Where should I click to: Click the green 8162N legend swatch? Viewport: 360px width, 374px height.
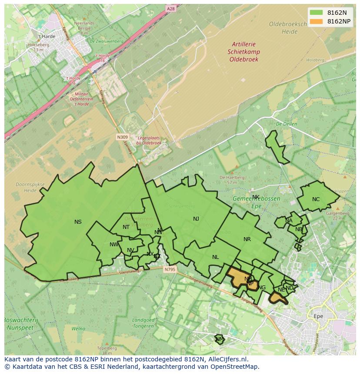(316, 13)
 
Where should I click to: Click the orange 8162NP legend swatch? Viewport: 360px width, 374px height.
(316, 21)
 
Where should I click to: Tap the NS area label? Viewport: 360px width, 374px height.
(78, 222)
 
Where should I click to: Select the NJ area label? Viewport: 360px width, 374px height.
(196, 219)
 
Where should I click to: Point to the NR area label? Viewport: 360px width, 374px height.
(247, 239)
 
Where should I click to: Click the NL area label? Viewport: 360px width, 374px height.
(215, 257)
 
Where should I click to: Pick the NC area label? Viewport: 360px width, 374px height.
(316, 199)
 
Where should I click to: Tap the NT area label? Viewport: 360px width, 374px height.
(126, 227)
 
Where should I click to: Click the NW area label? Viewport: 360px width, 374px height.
(114, 245)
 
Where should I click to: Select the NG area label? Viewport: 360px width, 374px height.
(262, 288)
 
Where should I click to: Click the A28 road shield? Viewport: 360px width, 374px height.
(171, 8)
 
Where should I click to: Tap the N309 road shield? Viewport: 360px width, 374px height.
(122, 137)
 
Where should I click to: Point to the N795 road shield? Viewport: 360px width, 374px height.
(170, 270)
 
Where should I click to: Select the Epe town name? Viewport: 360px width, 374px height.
(318, 316)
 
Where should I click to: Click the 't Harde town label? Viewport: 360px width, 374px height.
(47, 36)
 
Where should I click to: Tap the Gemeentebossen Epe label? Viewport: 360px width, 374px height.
(257, 202)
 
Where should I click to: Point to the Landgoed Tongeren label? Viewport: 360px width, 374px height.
(143, 323)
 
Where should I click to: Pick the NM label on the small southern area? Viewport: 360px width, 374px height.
(220, 339)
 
